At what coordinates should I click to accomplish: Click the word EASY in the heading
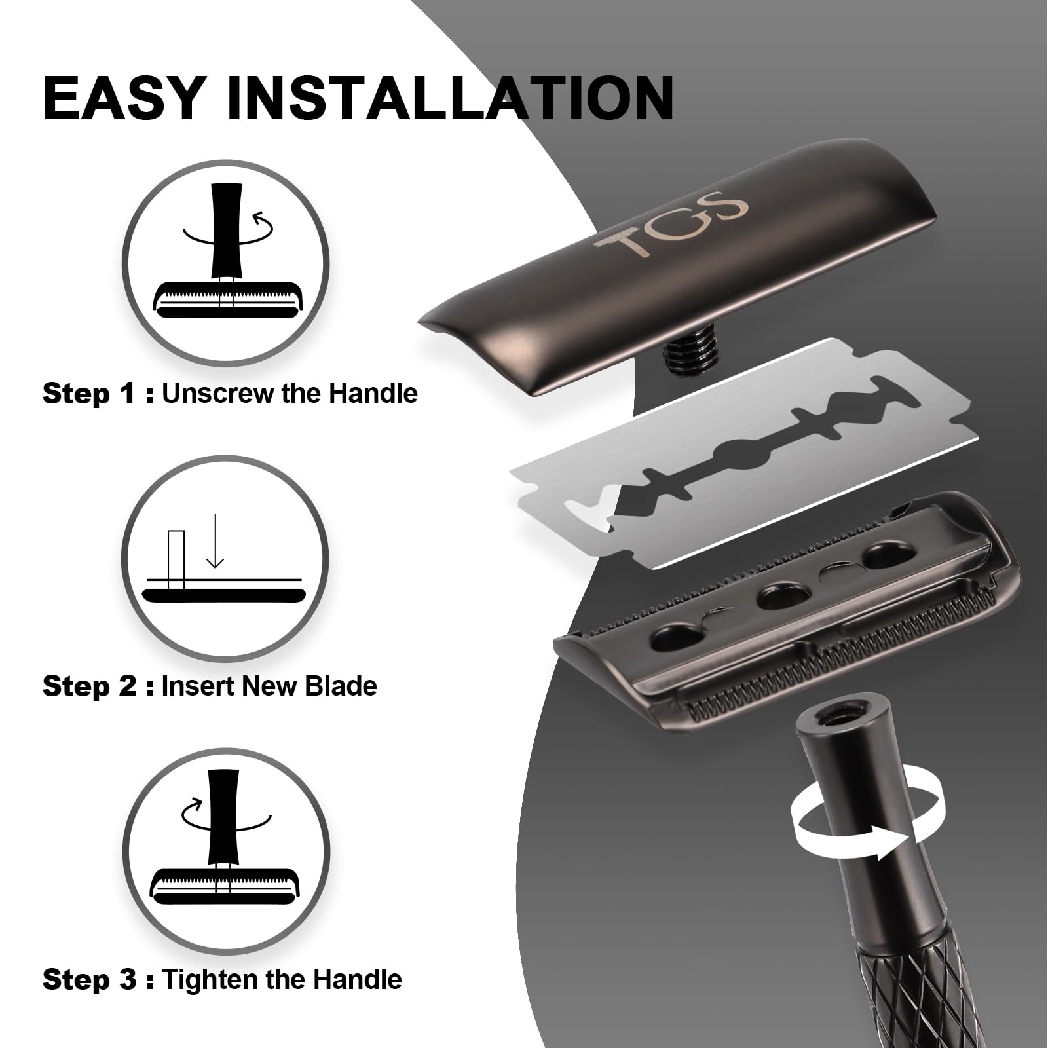coord(124,98)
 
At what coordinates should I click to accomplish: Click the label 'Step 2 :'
coord(98,686)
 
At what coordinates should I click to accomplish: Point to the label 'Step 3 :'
coord(98,980)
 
